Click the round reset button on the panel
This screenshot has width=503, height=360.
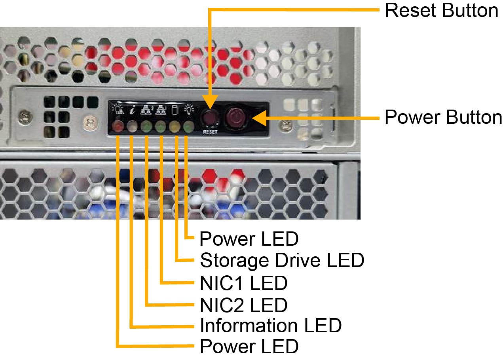point(209,117)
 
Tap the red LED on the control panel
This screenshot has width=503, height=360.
point(118,127)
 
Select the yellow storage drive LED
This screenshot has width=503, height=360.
point(175,127)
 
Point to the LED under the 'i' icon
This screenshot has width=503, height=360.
point(132,127)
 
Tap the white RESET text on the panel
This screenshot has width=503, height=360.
point(210,132)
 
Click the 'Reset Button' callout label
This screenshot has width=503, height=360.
point(441,10)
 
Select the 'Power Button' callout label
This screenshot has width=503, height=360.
point(443,117)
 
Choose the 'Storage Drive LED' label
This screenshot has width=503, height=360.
point(282,260)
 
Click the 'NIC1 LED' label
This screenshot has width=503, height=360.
point(243,283)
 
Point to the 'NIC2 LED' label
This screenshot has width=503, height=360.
point(243,305)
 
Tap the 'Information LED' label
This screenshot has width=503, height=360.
point(271,326)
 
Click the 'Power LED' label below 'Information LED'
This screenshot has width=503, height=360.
point(249,347)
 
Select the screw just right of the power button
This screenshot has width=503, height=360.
point(284,126)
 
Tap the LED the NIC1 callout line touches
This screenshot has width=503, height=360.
point(161,127)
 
